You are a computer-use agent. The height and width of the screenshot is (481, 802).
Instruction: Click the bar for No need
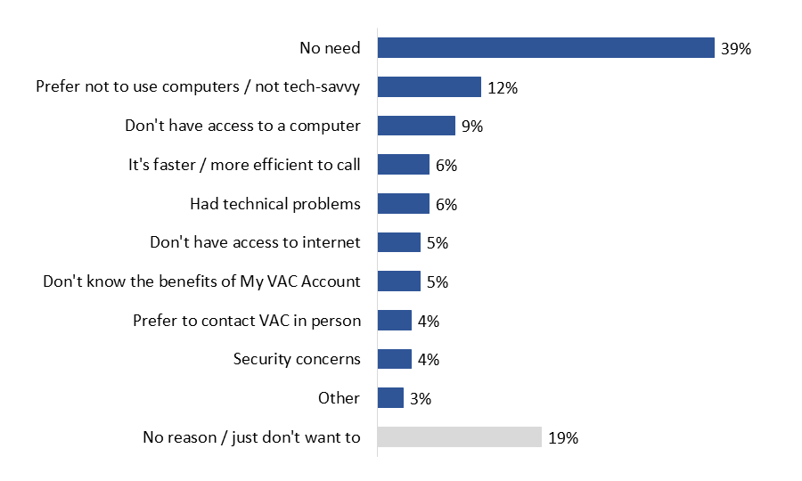(x=545, y=48)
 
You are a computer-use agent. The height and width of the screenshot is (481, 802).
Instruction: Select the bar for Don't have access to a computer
(x=416, y=126)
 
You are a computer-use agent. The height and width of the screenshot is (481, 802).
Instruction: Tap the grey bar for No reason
(x=459, y=437)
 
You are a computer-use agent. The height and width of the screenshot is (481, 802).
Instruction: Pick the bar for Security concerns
(x=395, y=359)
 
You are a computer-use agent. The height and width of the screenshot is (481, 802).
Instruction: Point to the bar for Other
(x=390, y=398)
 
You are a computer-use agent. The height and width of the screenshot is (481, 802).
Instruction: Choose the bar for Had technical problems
(x=403, y=204)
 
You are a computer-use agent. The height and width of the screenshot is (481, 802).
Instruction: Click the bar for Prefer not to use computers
(x=429, y=87)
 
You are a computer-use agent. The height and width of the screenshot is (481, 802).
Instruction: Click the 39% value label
(x=736, y=49)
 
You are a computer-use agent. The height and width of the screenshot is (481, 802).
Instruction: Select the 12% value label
(x=503, y=88)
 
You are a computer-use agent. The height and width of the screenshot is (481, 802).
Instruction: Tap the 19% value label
(x=563, y=438)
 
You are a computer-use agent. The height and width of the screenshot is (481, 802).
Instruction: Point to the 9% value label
(x=471, y=126)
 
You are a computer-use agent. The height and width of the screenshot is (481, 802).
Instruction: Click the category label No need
(x=330, y=48)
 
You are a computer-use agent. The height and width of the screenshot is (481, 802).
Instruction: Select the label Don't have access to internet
(x=255, y=242)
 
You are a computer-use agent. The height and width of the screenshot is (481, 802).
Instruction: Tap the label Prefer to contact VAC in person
(x=247, y=321)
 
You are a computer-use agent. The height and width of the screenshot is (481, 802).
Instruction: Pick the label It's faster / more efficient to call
(x=244, y=165)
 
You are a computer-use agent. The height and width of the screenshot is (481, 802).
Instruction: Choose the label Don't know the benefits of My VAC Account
(x=202, y=281)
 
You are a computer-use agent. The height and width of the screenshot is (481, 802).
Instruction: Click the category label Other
(x=339, y=398)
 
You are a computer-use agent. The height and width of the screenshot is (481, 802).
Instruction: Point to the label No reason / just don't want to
(x=252, y=437)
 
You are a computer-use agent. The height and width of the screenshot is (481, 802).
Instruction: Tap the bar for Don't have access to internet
(x=398, y=242)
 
